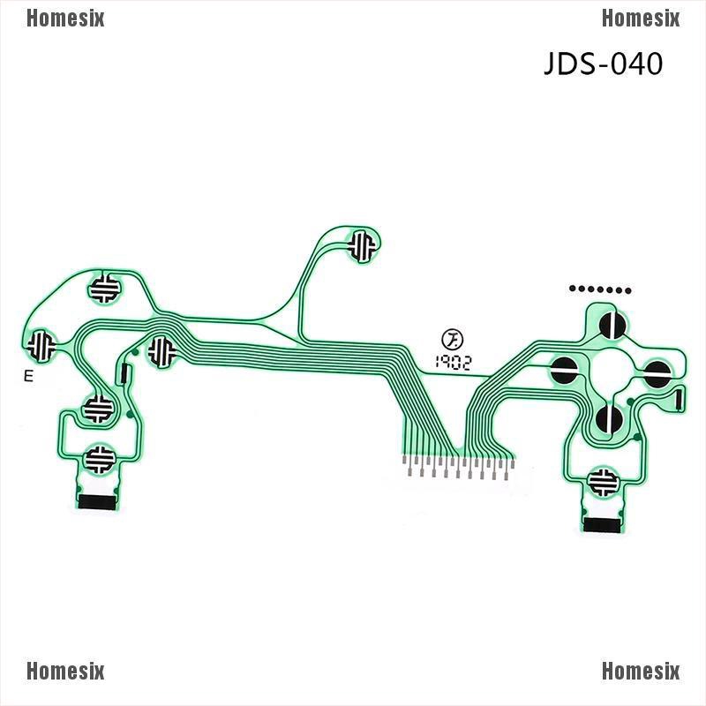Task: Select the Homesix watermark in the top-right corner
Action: [x=641, y=19]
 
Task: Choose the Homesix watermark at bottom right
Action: [x=641, y=672]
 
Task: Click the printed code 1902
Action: [x=452, y=361]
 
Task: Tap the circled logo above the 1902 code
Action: [x=452, y=339]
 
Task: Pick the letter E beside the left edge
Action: [x=28, y=377]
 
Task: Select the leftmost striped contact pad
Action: [x=40, y=345]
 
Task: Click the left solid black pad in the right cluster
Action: [x=565, y=370]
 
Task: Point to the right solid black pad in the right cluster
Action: [x=657, y=372]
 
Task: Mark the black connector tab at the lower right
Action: [x=602, y=525]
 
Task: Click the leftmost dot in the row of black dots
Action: [x=574, y=289]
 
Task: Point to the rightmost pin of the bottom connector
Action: [x=510, y=465]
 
